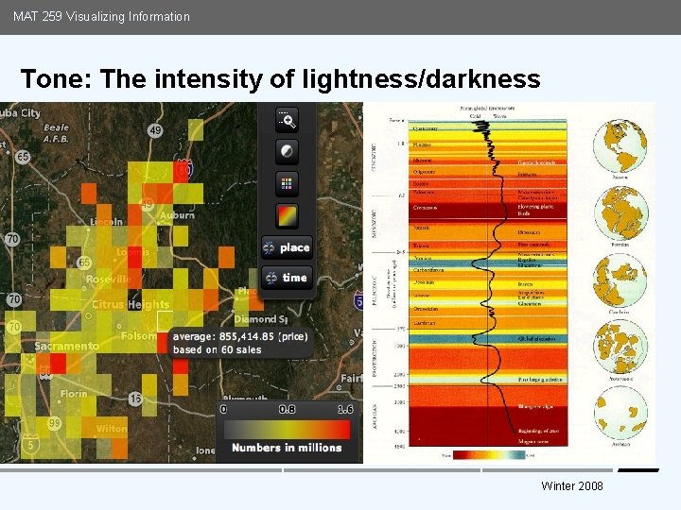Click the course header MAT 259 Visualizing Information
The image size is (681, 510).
[101, 16]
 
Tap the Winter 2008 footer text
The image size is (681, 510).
[572, 485]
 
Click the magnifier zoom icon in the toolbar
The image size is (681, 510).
[287, 119]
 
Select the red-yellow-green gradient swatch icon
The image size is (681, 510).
[287, 215]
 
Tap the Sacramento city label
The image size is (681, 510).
[66, 347]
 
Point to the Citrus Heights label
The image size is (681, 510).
[131, 305]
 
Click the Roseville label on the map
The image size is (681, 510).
[109, 280]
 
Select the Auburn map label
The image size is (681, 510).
[177, 215]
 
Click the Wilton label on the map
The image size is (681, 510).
[112, 428]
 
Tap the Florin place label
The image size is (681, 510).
[74, 394]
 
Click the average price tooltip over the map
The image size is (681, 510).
[241, 342]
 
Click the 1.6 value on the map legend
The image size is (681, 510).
[344, 410]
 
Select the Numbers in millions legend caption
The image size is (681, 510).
[287, 447]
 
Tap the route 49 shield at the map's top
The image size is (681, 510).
[154, 130]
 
